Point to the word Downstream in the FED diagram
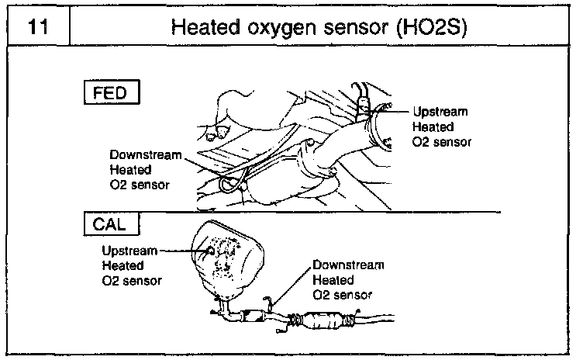[x=145, y=154]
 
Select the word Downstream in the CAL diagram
[x=348, y=265]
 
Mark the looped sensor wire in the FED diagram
[x=230, y=184]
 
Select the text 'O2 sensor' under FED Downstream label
[x=140, y=185]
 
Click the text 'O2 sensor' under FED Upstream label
[x=442, y=143]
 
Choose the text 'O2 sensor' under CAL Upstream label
[x=132, y=281]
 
